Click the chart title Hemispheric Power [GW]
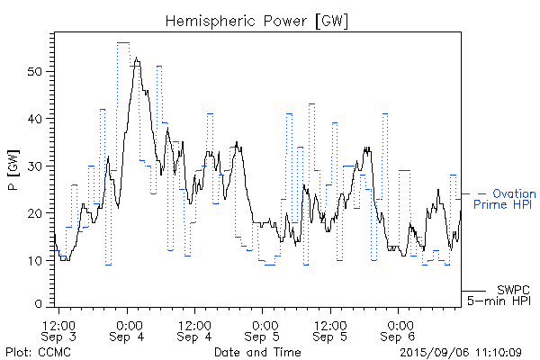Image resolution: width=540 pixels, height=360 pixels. (x=257, y=19)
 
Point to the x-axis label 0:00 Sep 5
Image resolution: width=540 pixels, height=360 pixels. (x=264, y=328)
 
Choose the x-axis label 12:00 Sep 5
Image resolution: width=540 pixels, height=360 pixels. (x=331, y=328)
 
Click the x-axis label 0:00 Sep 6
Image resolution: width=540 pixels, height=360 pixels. (x=399, y=328)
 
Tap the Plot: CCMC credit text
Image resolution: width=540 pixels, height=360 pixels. (x=37, y=351)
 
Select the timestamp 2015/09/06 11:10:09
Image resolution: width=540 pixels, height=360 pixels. (x=460, y=351)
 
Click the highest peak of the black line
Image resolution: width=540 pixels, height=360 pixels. (x=137, y=58)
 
